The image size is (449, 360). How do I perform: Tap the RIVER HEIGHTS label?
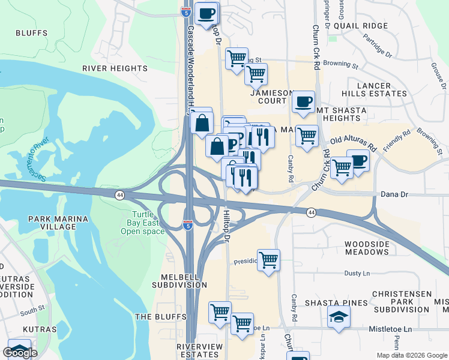pos(115,69)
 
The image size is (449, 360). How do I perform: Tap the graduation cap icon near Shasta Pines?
pos(339,317)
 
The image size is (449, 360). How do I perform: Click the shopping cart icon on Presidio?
pos(268,260)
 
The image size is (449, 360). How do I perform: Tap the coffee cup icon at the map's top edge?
pos(207,13)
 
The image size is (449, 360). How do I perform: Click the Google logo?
pos(20,353)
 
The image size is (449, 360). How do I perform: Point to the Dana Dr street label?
pos(394,195)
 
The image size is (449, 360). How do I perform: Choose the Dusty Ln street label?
pos(357,273)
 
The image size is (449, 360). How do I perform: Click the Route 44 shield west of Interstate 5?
pos(120,195)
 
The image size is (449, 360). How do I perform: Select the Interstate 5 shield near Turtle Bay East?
pos(188,225)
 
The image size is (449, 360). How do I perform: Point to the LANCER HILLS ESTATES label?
pos(374,89)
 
